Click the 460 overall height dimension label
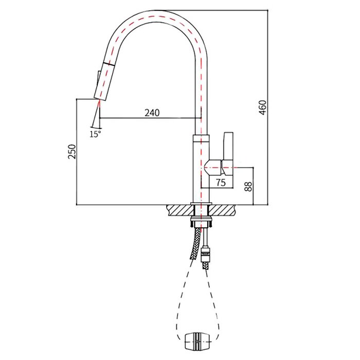[263, 107]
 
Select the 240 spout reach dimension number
[152, 113]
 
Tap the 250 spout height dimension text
[72, 152]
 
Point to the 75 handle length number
[221, 183]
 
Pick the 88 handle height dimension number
[248, 186]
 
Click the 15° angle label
[95, 134]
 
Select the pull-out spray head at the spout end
[104, 81]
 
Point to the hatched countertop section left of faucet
[181, 210]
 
